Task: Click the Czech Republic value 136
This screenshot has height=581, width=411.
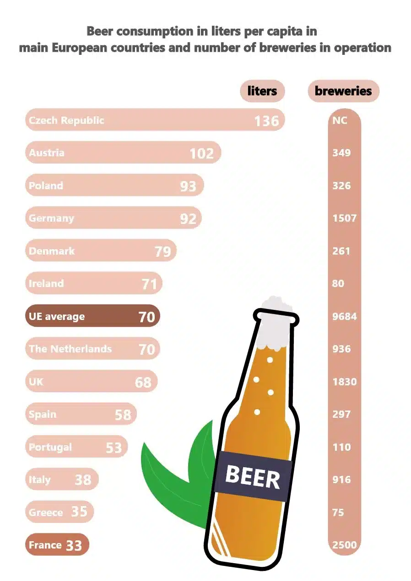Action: (x=266, y=121)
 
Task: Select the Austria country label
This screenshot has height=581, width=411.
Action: (x=47, y=153)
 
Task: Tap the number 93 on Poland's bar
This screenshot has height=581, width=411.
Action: (x=188, y=186)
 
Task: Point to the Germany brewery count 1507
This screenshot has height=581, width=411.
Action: (x=344, y=218)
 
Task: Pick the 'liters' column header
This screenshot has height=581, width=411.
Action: (x=262, y=91)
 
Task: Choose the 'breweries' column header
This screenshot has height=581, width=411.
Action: (x=343, y=91)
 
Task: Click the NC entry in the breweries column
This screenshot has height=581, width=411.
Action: (x=340, y=120)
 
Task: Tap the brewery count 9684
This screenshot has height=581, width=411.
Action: (x=344, y=316)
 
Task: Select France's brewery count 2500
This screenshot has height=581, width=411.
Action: (x=344, y=545)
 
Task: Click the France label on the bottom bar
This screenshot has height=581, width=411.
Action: (x=45, y=545)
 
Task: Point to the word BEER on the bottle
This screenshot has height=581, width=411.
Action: (x=252, y=477)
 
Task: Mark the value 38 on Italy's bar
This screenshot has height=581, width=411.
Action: (x=83, y=480)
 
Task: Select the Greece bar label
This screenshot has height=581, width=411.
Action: (x=46, y=512)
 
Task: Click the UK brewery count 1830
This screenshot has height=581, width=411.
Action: (x=344, y=382)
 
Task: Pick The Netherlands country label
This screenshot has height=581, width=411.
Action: (x=70, y=349)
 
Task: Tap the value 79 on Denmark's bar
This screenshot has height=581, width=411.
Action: (x=163, y=251)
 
